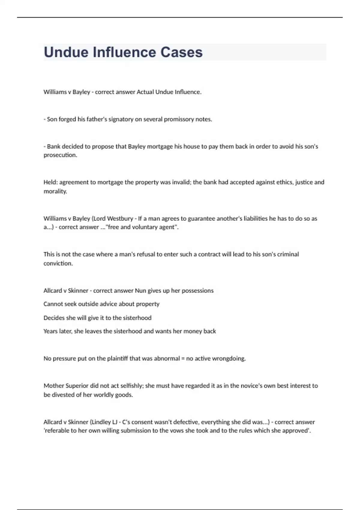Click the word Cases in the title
181,52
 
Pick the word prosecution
60,155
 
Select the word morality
55,191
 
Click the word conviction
58,263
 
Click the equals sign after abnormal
183,358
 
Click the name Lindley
101,422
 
